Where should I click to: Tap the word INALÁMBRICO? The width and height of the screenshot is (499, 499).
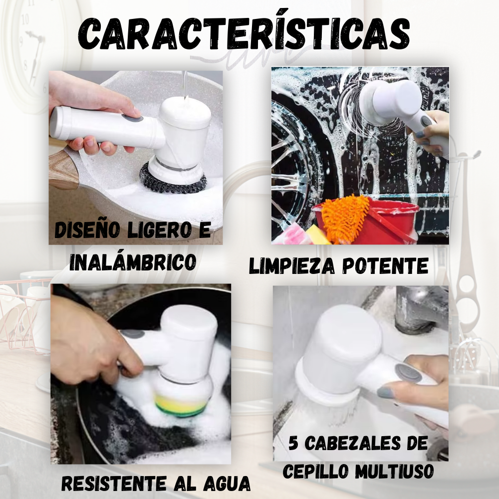tap(132, 262)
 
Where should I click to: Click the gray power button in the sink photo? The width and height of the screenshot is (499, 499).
tap(402, 372)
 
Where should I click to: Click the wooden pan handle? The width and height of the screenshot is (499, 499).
tap(62, 170)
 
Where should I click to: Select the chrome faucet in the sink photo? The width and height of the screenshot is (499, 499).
tap(419, 309)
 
